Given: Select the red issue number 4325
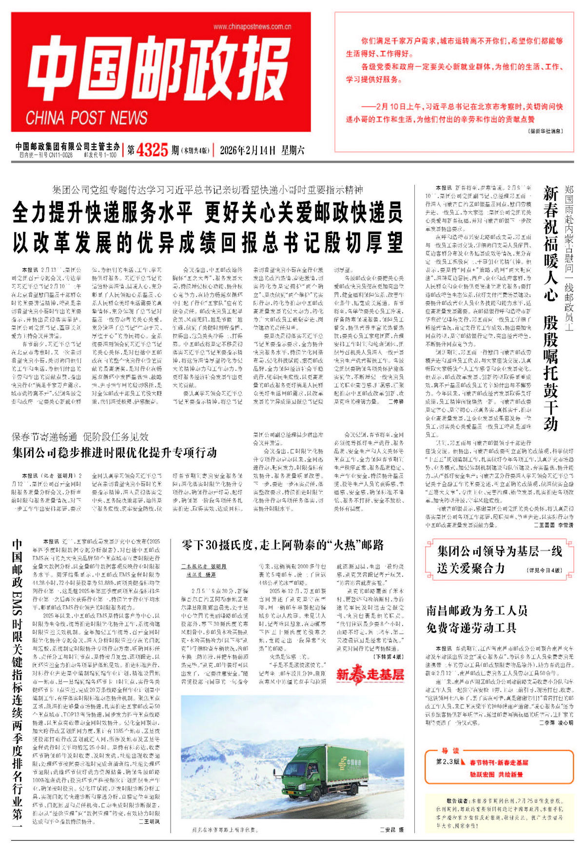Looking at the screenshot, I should coord(152,150).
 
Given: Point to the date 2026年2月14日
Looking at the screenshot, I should coord(248,150).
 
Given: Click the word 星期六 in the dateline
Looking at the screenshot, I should coord(292,150).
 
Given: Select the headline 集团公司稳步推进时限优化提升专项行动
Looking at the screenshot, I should coord(115,453).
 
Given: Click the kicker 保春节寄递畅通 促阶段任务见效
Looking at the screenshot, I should coord(80,436).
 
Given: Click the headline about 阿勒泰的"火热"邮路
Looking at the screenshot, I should coord(283,545).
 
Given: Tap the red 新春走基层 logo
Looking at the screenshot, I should coord(370,674).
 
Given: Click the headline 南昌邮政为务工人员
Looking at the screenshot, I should coord(477,610).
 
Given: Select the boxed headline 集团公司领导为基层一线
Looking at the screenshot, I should coord(499,552).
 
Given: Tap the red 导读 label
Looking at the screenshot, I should coord(450,751).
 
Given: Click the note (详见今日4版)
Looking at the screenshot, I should coord(544,570).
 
